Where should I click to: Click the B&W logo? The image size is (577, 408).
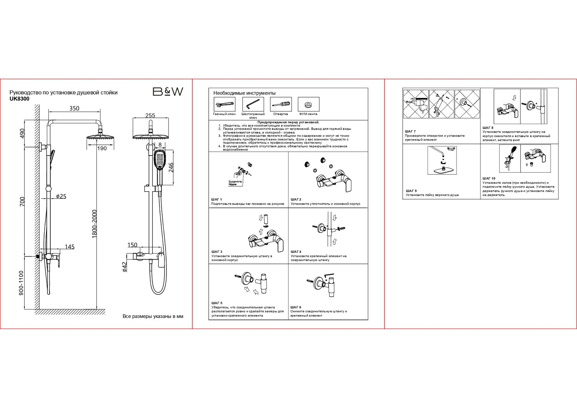(168, 91)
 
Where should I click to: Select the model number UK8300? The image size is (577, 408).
(19, 99)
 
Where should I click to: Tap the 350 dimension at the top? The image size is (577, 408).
(74, 108)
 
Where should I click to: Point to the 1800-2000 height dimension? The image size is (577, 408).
(95, 224)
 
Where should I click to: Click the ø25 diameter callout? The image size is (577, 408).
(61, 196)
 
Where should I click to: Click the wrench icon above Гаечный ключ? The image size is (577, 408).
(224, 104)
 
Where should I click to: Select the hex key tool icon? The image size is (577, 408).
(253, 104)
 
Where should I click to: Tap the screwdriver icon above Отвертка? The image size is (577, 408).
(281, 104)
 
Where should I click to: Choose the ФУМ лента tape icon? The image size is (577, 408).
(308, 104)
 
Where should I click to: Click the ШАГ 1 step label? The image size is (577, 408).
(217, 200)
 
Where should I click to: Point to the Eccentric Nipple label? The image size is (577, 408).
(235, 183)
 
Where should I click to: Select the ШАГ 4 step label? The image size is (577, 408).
(296, 252)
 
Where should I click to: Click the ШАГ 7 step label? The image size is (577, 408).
(410, 132)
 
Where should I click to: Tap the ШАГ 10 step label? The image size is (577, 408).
(489, 179)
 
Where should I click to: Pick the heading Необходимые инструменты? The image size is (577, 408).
(244, 93)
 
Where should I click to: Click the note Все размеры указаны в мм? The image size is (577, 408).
(153, 316)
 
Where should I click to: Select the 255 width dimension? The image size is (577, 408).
(150, 115)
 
